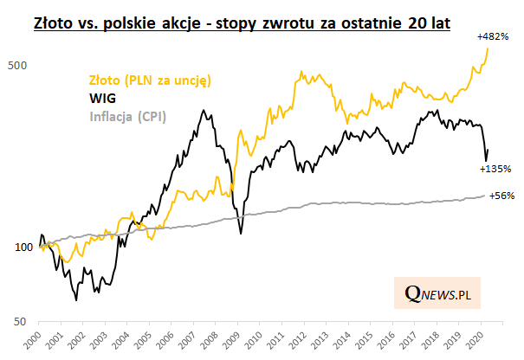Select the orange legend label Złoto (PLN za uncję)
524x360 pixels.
[152, 80]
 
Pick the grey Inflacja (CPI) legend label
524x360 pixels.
[128, 116]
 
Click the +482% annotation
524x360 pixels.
[493, 38]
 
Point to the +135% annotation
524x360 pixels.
[496, 169]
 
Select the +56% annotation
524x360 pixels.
[502, 196]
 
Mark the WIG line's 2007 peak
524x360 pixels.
[203, 110]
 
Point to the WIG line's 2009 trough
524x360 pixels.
[240, 233]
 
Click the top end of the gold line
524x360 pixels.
[488, 48]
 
